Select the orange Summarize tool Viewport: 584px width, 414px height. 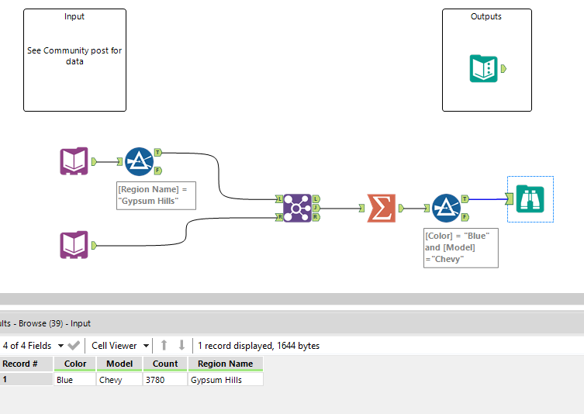click(381, 208)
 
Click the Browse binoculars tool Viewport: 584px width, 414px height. click(530, 199)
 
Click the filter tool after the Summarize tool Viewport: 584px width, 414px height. click(446, 208)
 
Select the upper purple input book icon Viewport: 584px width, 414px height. click(74, 161)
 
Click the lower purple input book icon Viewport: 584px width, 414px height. click(74, 245)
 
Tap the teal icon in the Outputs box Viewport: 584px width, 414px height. click(484, 69)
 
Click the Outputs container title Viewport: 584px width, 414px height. click(486, 16)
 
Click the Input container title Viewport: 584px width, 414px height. click(74, 16)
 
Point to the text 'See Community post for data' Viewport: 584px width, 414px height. click(74, 56)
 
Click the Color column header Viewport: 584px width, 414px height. click(75, 364)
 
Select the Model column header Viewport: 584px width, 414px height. click(119, 364)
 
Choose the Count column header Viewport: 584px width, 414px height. click(165, 364)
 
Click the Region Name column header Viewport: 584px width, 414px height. click(225, 364)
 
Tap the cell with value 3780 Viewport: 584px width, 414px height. click(165, 380)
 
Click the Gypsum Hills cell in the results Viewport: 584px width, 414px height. click(225, 380)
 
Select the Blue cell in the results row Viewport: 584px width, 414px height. click(75, 380)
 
